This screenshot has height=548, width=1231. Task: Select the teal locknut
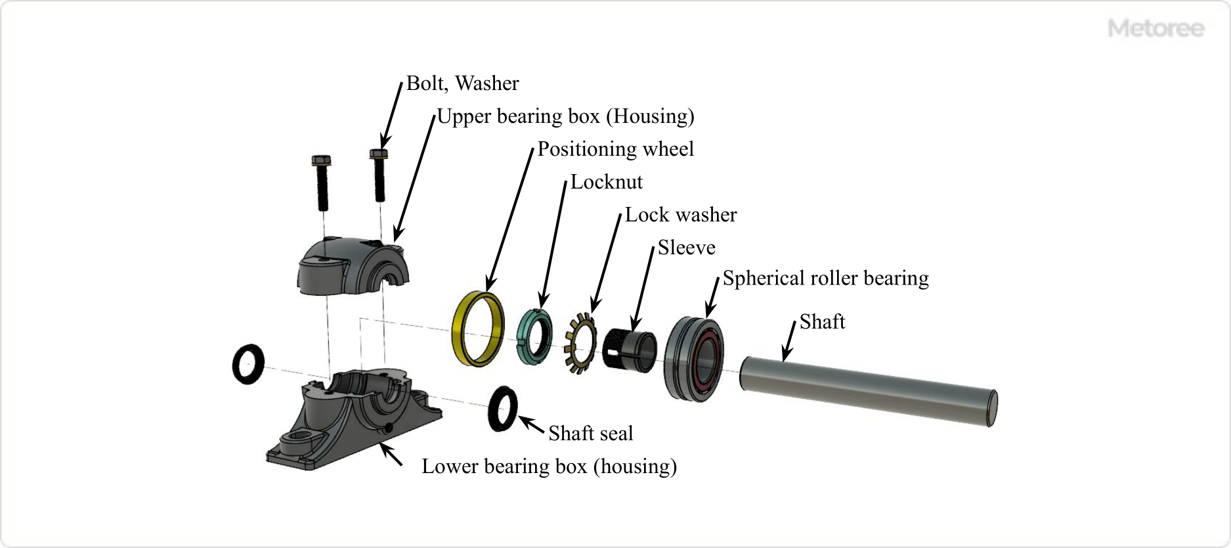coord(523,335)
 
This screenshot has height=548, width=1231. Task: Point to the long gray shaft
coord(867,390)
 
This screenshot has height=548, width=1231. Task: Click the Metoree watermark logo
coord(1155,28)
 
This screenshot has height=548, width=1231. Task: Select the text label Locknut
coord(606,182)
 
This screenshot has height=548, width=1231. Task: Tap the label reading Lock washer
coord(681,215)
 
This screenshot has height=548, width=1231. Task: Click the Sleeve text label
coord(686,248)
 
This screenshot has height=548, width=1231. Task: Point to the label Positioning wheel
coord(615,149)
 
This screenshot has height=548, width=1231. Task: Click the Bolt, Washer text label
coord(462,83)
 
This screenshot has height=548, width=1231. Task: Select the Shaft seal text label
coord(590,434)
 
